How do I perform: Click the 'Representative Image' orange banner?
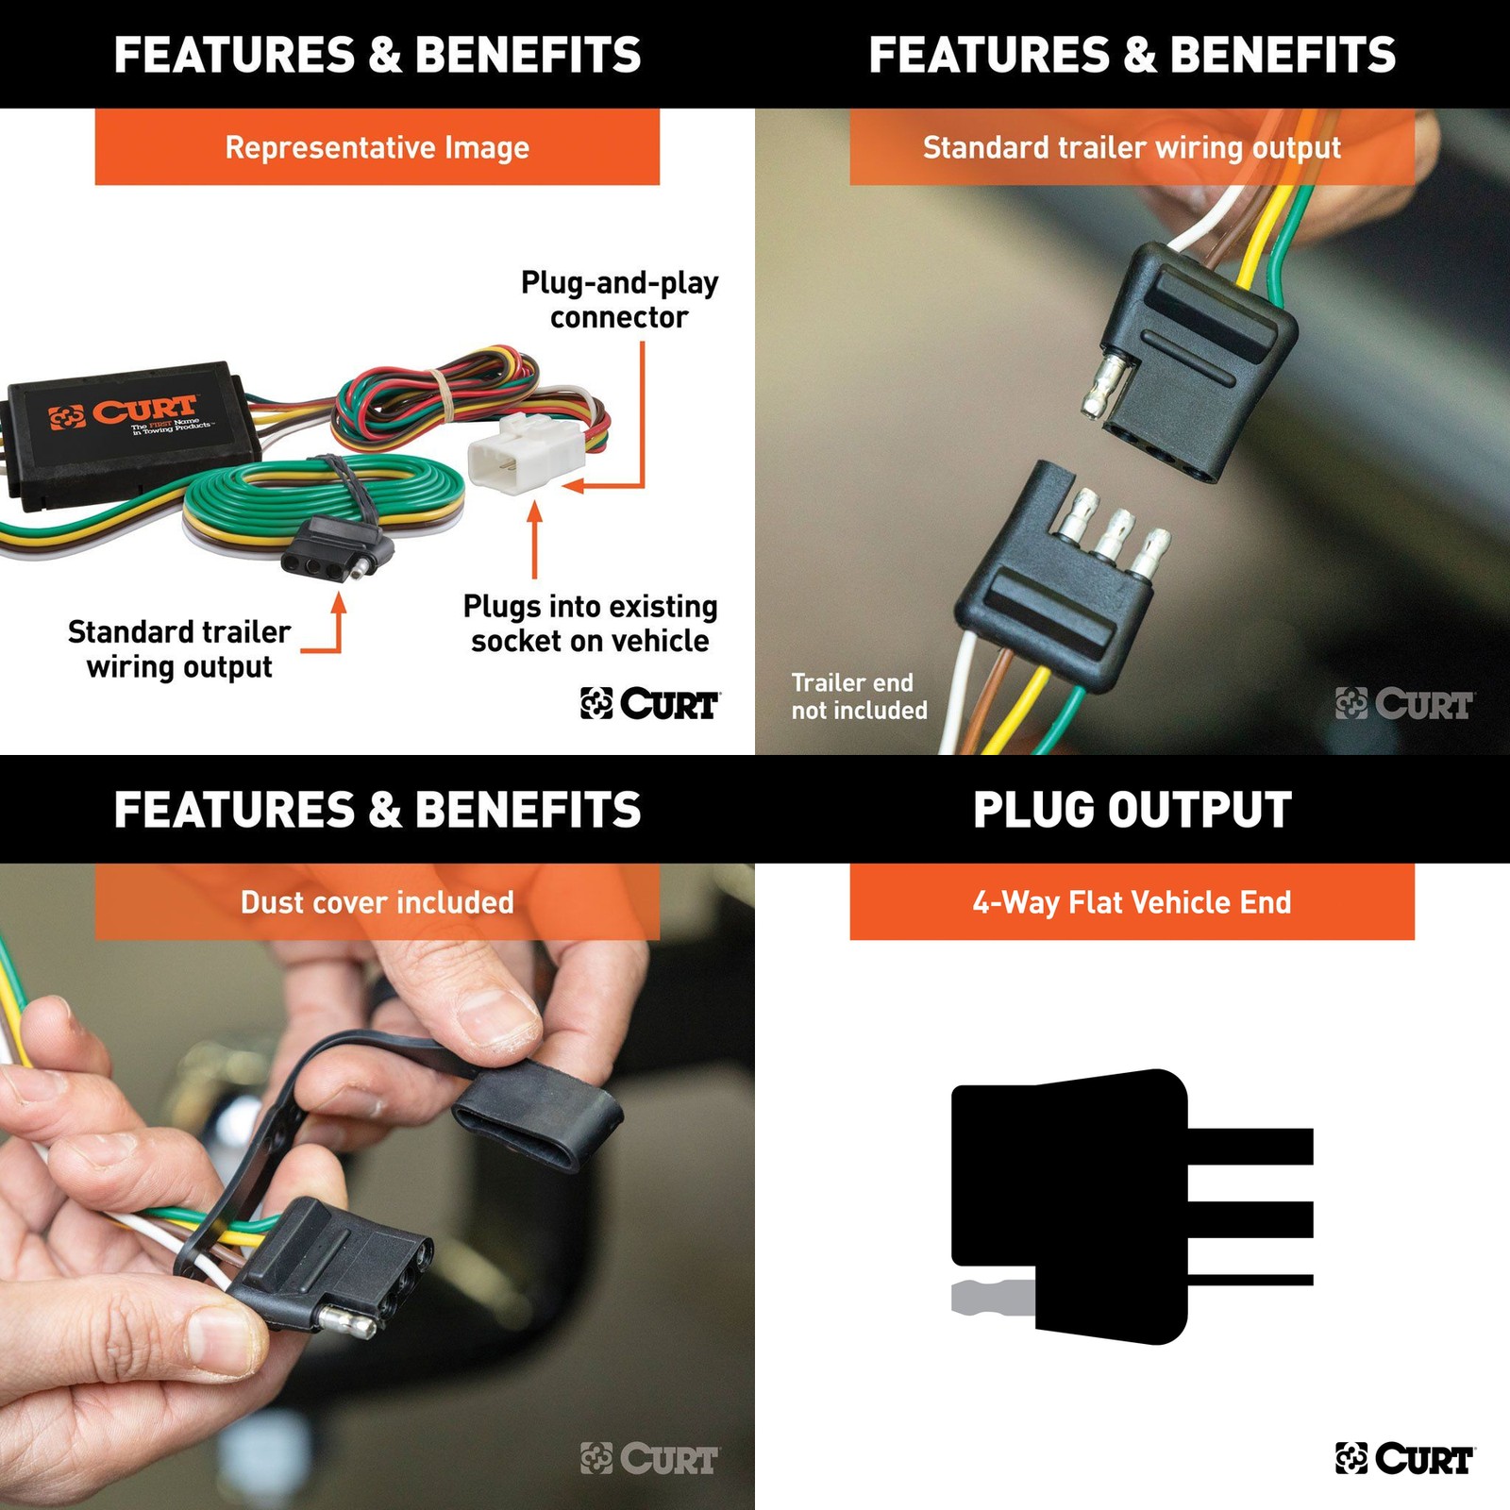click(x=377, y=147)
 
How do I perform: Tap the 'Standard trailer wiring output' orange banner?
click(x=1132, y=147)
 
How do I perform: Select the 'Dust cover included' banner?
click(x=377, y=902)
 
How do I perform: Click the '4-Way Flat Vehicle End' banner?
click(x=1132, y=902)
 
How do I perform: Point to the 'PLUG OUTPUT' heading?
click(x=1132, y=810)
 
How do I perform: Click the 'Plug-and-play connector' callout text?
click(x=620, y=300)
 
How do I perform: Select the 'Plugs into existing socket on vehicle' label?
click(x=591, y=623)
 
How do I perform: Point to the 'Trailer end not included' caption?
click(x=859, y=696)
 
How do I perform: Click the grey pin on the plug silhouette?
click(x=994, y=1298)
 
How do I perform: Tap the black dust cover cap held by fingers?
click(x=538, y=1114)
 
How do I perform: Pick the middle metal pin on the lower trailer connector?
click(x=1116, y=534)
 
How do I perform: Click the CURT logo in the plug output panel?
click(x=1404, y=1458)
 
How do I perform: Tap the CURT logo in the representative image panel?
click(x=649, y=703)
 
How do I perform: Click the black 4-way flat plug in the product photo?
click(x=337, y=547)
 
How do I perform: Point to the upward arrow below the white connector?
click(x=534, y=540)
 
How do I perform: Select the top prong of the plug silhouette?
click(x=1250, y=1146)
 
